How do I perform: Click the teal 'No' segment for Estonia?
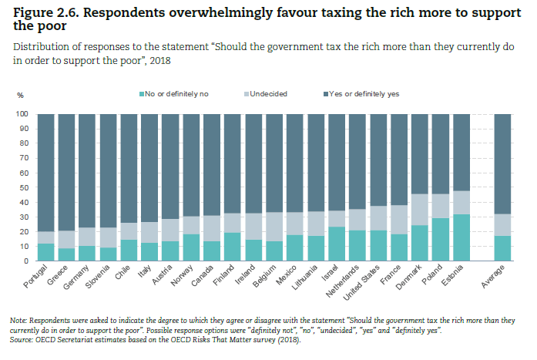[x=461, y=237]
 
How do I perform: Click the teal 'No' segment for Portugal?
[x=45, y=252]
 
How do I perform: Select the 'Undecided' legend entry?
[x=267, y=94]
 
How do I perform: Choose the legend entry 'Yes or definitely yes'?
[x=364, y=94]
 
